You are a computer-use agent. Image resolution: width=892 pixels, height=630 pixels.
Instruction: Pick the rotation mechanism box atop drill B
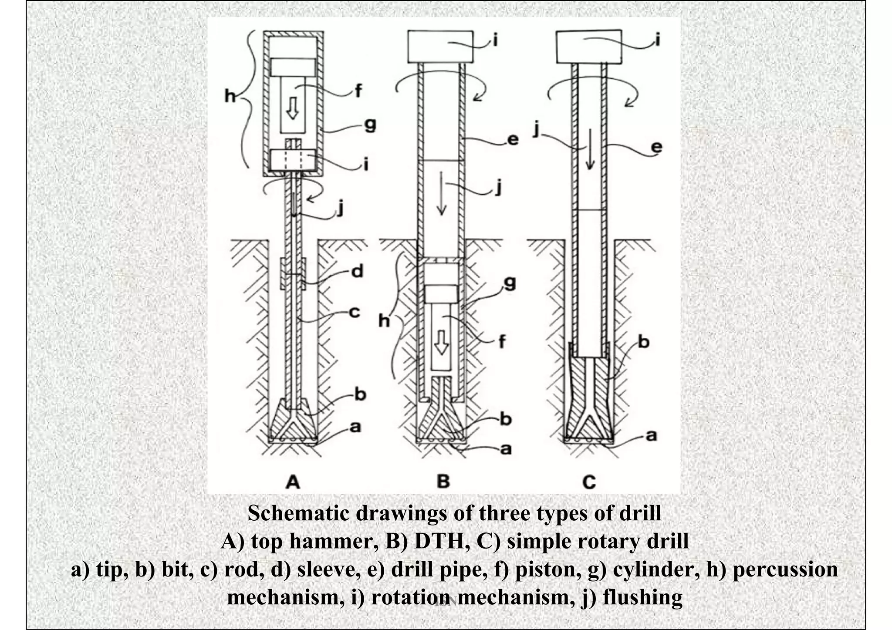440,47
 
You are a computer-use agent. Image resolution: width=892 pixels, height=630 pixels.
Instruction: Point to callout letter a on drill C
651,435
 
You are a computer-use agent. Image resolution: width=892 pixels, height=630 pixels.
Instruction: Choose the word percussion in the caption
784,569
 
